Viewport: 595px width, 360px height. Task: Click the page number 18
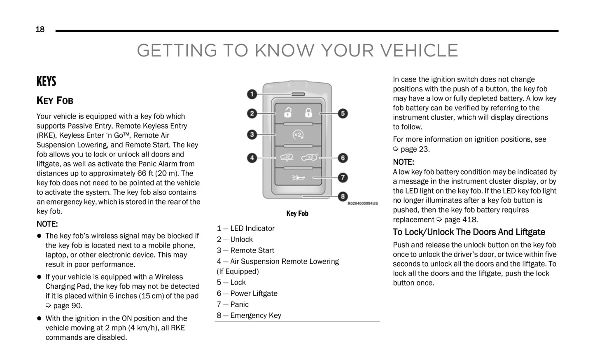click(40, 29)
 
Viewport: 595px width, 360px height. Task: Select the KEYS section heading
click(46, 82)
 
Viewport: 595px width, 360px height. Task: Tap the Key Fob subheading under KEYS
click(55, 101)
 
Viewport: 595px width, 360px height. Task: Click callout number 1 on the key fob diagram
click(252, 94)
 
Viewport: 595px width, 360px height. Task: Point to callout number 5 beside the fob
click(343, 113)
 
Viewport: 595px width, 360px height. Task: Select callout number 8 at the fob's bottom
click(343, 196)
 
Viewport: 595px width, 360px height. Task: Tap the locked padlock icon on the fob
click(308, 112)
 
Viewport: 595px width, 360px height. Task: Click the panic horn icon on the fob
click(298, 178)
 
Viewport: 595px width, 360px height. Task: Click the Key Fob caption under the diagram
click(297, 213)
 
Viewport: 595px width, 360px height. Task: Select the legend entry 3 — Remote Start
click(245, 250)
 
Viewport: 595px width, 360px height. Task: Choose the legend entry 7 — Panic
click(233, 304)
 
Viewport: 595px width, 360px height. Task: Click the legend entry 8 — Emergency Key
click(249, 316)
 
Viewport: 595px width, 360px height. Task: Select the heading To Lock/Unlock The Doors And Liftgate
click(469, 232)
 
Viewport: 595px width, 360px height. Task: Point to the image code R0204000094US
click(362, 203)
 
